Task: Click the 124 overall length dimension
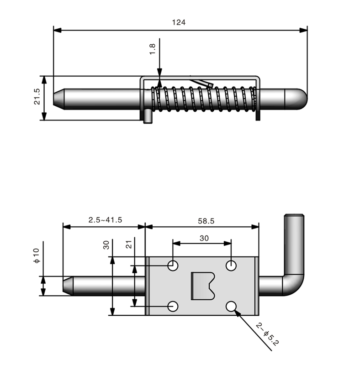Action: coord(180,22)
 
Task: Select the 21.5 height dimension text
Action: coord(37,97)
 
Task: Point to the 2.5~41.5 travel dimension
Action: coord(105,219)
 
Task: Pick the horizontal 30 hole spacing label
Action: coord(204,238)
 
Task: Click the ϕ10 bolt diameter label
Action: coord(37,256)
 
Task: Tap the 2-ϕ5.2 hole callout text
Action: coord(267,336)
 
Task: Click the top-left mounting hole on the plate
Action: coord(173,265)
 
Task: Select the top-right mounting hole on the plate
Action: coord(232,265)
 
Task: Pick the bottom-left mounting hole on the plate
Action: coord(173,306)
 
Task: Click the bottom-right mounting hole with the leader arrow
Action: coord(232,306)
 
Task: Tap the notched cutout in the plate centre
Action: coord(203,286)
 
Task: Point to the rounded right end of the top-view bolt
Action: coord(299,99)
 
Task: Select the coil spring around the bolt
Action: coord(204,99)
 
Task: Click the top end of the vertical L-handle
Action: coord(295,216)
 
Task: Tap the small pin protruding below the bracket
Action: coord(148,117)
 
